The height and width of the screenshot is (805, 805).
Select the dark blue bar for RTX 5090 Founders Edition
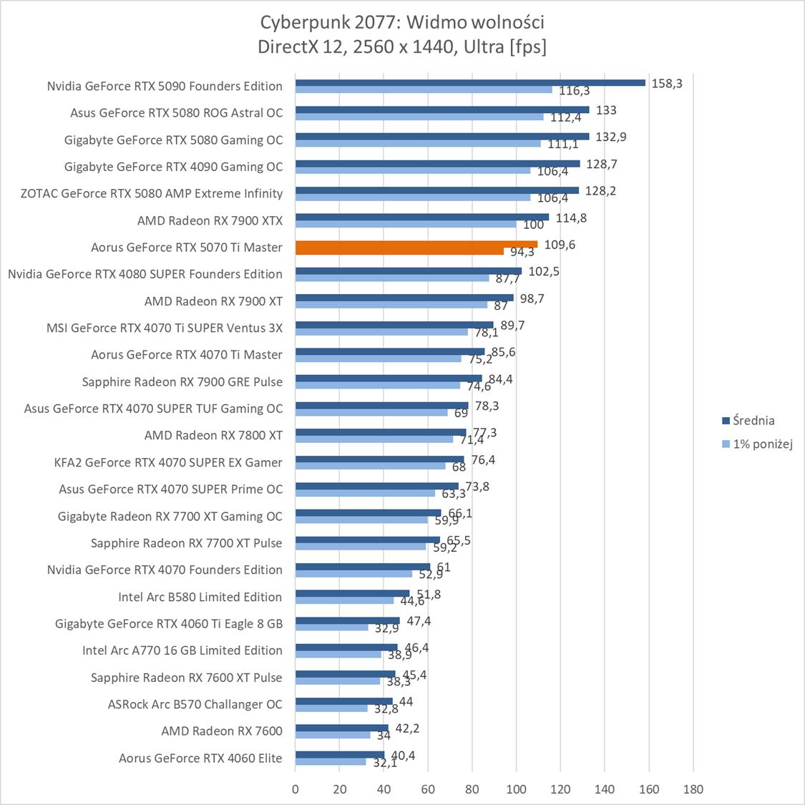click(x=470, y=82)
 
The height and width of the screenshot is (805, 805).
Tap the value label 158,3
click(x=667, y=83)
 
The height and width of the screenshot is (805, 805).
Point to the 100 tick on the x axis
click(x=516, y=789)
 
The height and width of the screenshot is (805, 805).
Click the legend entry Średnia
click(x=748, y=421)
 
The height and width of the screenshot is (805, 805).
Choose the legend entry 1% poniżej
click(x=757, y=444)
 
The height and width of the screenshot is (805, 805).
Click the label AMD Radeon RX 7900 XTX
click(x=210, y=220)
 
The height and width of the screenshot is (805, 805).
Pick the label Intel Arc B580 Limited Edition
click(x=200, y=597)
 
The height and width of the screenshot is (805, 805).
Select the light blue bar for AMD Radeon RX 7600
click(x=333, y=735)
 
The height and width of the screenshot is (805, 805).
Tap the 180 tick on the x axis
click(x=693, y=789)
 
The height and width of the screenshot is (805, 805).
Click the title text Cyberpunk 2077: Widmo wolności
click(x=402, y=22)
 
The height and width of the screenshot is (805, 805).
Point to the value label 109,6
click(x=560, y=244)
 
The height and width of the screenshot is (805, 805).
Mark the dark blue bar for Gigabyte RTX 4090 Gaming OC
click(x=437, y=163)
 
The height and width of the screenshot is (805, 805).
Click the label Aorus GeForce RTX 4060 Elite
click(x=200, y=758)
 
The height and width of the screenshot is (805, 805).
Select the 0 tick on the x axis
click(x=296, y=789)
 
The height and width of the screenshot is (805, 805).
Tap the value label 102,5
click(x=545, y=271)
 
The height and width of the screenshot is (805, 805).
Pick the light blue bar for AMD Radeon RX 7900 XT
click(x=391, y=304)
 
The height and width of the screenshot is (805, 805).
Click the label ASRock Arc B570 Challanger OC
click(x=195, y=704)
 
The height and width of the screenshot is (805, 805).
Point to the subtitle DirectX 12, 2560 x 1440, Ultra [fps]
click(x=402, y=47)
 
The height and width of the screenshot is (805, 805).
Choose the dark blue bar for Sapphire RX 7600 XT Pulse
click(x=345, y=674)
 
